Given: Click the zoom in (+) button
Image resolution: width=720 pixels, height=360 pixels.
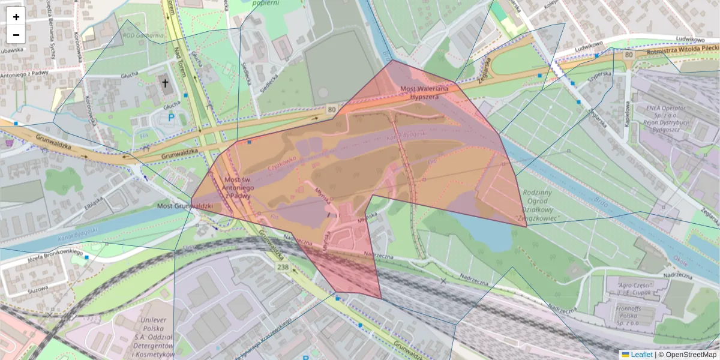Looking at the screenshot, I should click(16, 17).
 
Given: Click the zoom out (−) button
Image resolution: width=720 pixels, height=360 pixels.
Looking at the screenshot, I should click(16, 35).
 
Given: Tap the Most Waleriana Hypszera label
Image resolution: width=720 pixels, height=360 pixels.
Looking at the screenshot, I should click(424, 92).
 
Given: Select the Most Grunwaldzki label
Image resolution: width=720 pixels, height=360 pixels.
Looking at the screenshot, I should click(185, 206).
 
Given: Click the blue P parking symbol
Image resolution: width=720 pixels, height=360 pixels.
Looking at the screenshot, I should click(172, 118).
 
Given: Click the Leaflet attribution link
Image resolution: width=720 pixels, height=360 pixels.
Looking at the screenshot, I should click(641, 355).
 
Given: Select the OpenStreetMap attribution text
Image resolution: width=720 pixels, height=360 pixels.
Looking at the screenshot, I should click(690, 355).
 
